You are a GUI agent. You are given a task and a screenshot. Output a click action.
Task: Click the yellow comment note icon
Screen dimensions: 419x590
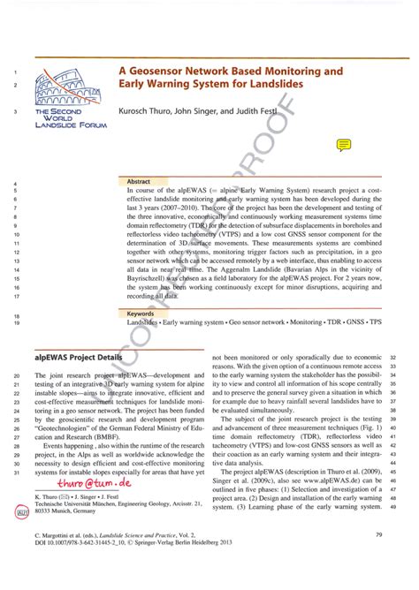click(x=343, y=144)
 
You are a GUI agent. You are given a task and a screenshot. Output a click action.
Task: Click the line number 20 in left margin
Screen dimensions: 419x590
click(x=17, y=375)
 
